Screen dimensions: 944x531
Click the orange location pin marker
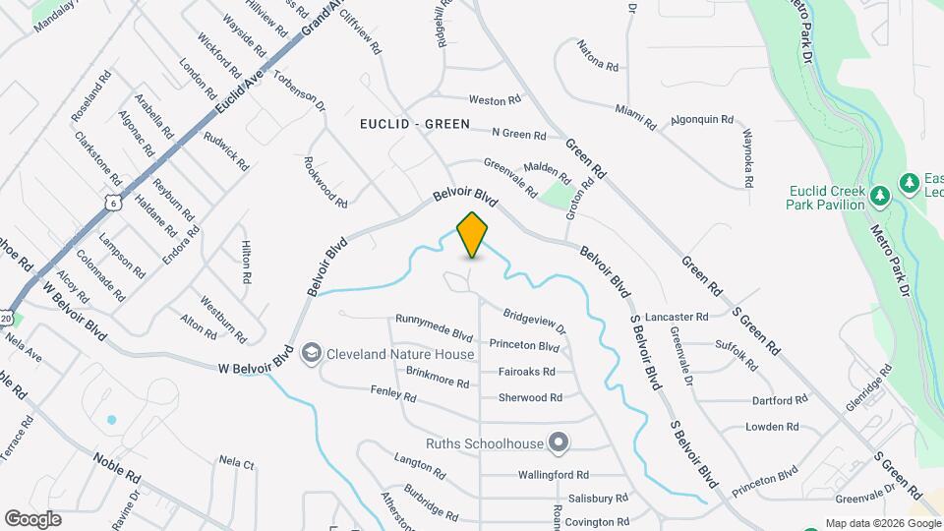473,234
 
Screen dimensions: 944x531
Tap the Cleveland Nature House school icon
312,353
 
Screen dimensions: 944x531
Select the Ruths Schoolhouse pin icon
559,442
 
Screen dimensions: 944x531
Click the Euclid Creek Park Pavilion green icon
880,198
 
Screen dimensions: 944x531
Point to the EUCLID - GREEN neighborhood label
414,125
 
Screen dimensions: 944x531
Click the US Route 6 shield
113,203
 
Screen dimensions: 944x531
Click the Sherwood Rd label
530,397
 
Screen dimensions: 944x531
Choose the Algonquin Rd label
702,120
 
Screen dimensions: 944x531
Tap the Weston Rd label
494,100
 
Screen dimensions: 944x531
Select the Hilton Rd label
246,263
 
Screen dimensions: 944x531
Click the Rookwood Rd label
325,183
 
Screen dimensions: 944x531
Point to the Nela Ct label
236,461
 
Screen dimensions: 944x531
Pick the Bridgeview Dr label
535,323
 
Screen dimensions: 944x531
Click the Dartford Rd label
779,400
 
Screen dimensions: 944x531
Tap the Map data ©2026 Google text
881,523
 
